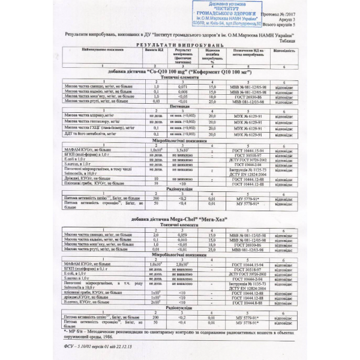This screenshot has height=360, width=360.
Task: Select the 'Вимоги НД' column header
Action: pyautogui.click(x=155, y=52)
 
